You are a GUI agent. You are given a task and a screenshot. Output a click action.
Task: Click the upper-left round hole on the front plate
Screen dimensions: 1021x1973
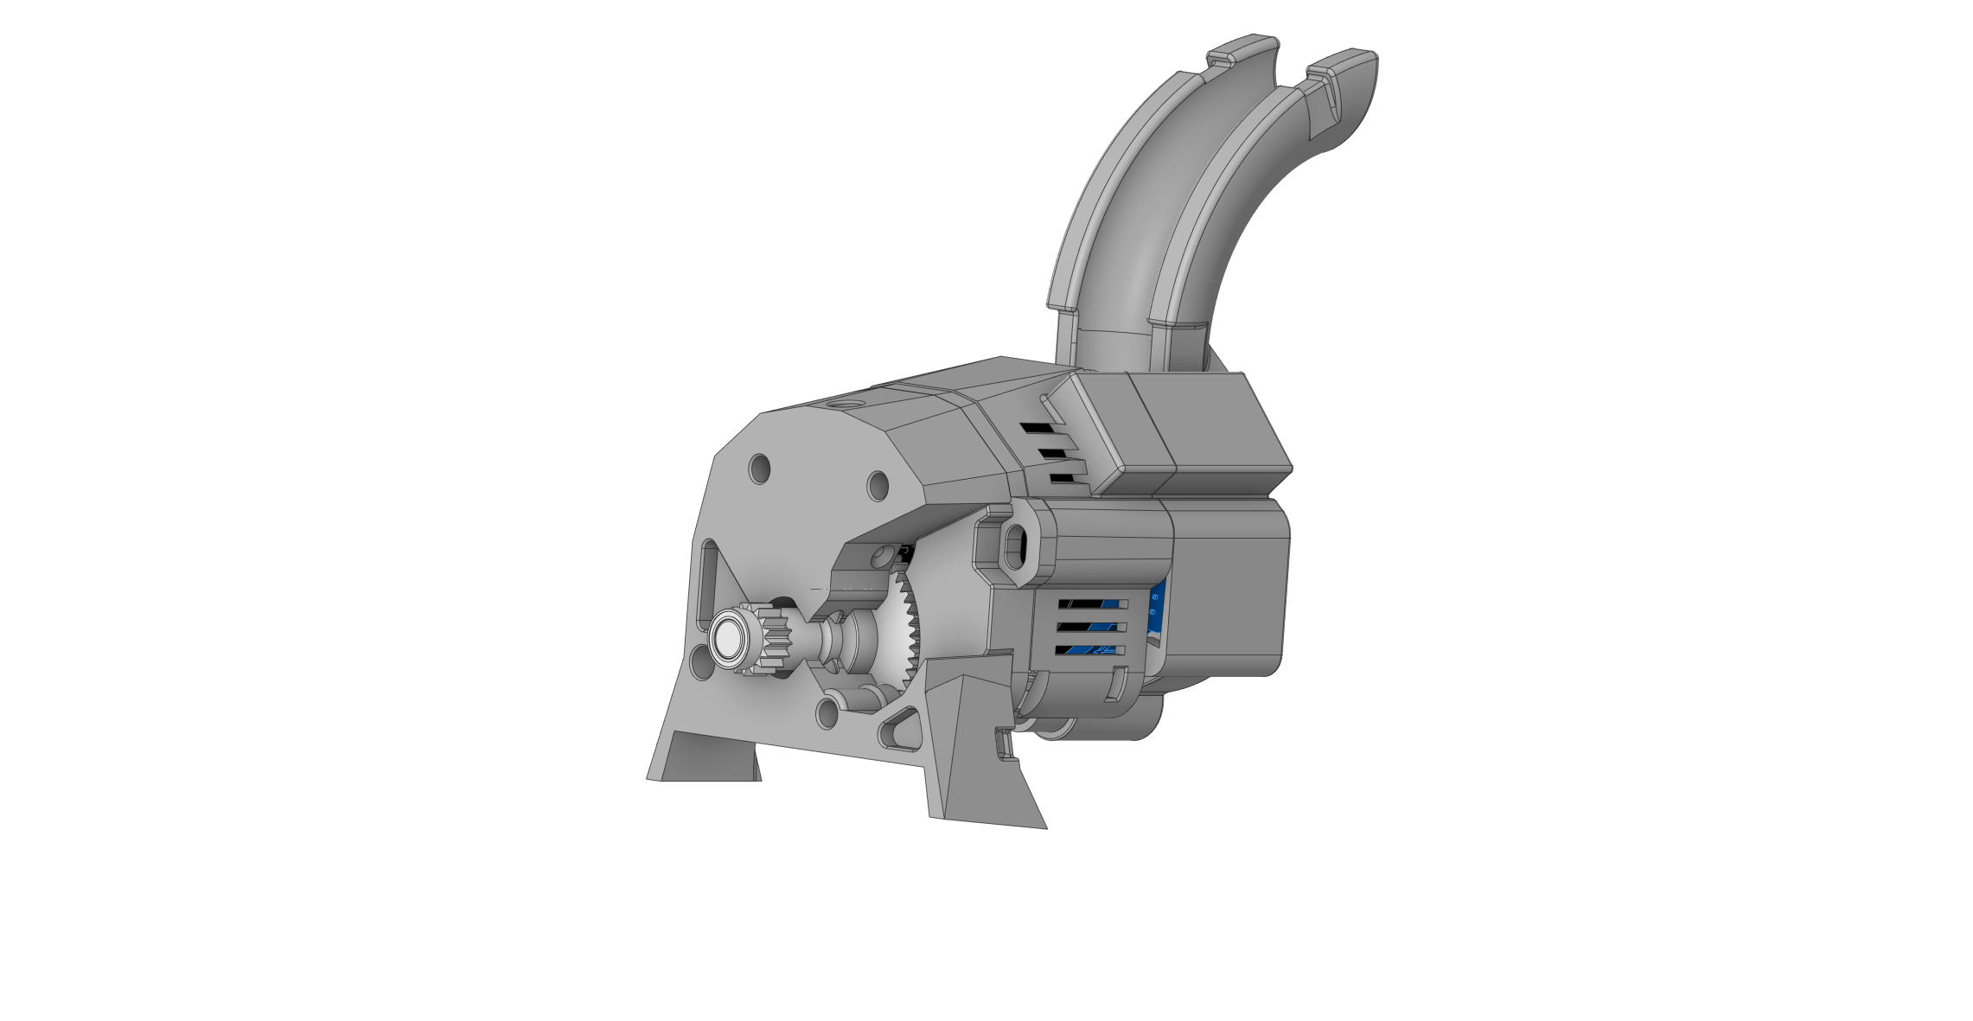point(759,469)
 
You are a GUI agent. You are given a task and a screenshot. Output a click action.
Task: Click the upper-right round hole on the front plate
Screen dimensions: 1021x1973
point(878,485)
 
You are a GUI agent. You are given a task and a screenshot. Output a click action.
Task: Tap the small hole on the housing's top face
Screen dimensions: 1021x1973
point(845,404)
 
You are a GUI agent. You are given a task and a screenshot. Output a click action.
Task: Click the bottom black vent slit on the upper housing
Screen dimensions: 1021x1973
point(1063,478)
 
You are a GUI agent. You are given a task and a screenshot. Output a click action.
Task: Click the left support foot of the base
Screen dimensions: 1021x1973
point(705,758)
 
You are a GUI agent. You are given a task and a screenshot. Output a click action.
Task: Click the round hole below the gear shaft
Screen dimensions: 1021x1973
point(827,713)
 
